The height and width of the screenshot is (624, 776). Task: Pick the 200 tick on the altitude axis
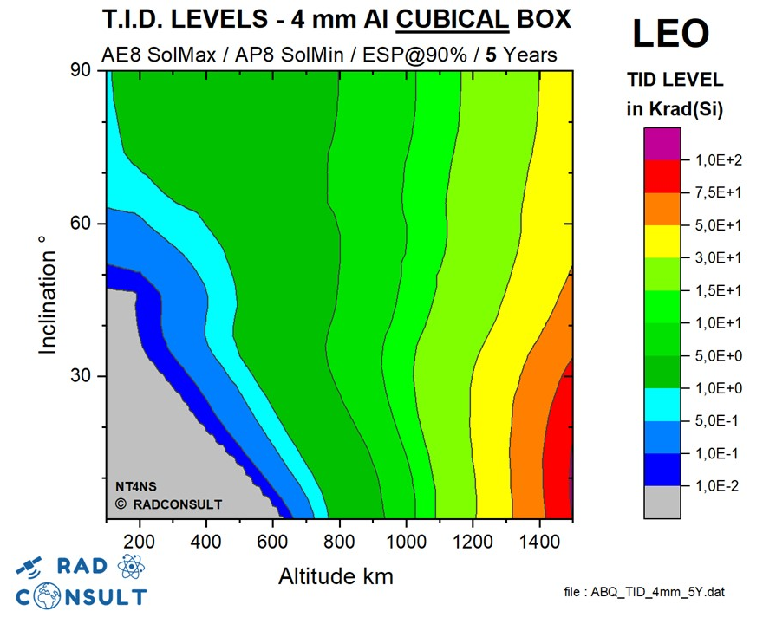[140, 542]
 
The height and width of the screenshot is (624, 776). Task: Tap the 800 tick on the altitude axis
[340, 542]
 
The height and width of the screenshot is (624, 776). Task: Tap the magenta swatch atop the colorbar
[662, 144]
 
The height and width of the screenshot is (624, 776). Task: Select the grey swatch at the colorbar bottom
[662, 502]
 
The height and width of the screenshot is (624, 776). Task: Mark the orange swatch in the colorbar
[662, 209]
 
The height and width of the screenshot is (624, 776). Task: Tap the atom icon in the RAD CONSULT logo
[131, 568]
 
